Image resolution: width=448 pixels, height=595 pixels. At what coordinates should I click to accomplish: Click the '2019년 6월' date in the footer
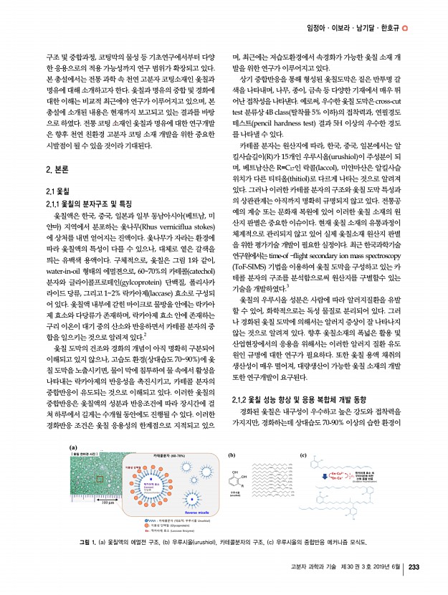point(388,567)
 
